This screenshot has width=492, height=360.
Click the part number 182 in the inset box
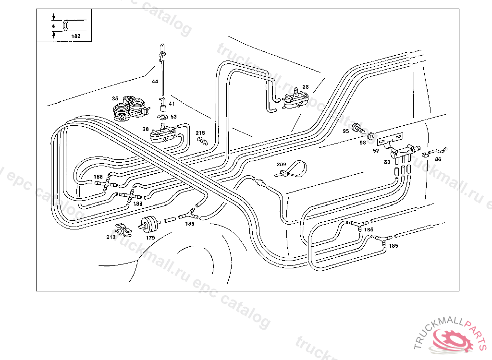coord(75,36)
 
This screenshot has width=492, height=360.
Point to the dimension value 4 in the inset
coord(53,25)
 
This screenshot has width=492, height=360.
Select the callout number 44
coord(155,82)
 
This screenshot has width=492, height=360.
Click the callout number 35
coord(115,98)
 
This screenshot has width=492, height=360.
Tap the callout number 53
coord(173,117)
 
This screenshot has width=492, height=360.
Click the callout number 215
coord(200,133)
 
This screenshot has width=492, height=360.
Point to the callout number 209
coord(281,165)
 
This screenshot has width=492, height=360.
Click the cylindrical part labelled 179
coord(149,223)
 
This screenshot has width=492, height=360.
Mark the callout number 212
coord(111,237)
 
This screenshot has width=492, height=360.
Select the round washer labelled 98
coord(371,136)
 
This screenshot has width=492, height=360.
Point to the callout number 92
coord(376,150)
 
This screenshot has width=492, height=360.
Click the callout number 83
coord(386,162)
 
